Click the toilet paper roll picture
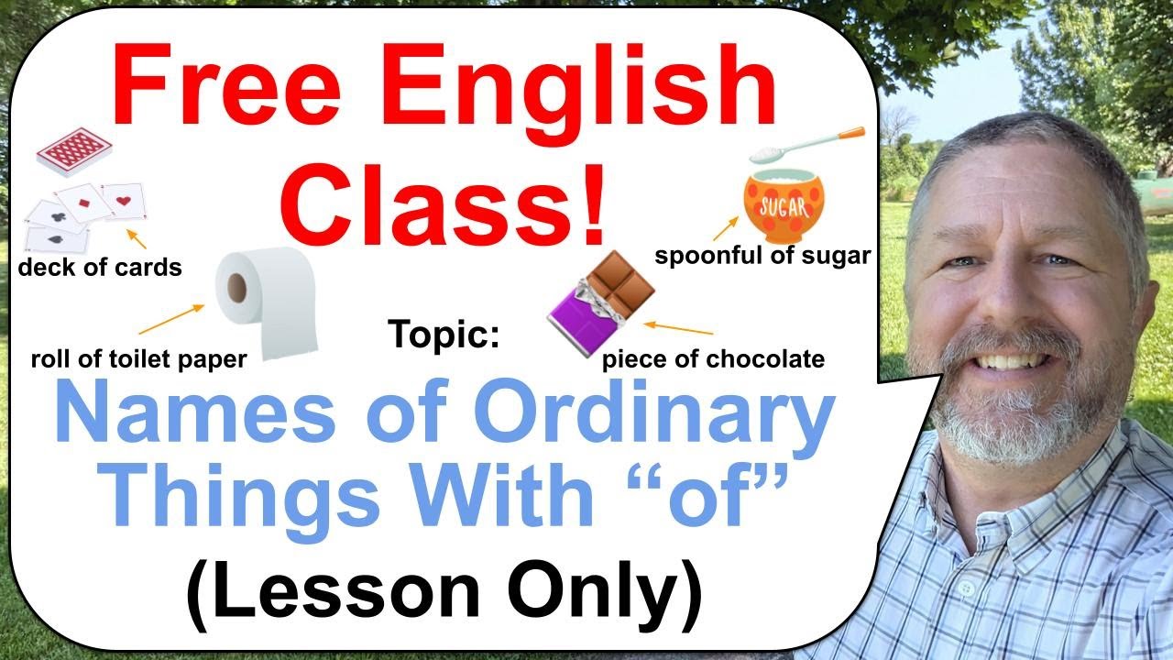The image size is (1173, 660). (265, 302)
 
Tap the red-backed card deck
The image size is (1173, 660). (73, 151)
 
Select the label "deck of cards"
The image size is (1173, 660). (100, 268)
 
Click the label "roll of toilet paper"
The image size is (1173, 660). (138, 358)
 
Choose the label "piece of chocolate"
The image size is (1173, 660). (713, 358)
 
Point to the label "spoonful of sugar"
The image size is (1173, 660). (762, 256)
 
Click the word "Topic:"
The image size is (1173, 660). (445, 334)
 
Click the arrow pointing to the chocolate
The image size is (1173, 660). (678, 327)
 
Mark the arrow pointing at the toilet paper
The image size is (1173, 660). (171, 319)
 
